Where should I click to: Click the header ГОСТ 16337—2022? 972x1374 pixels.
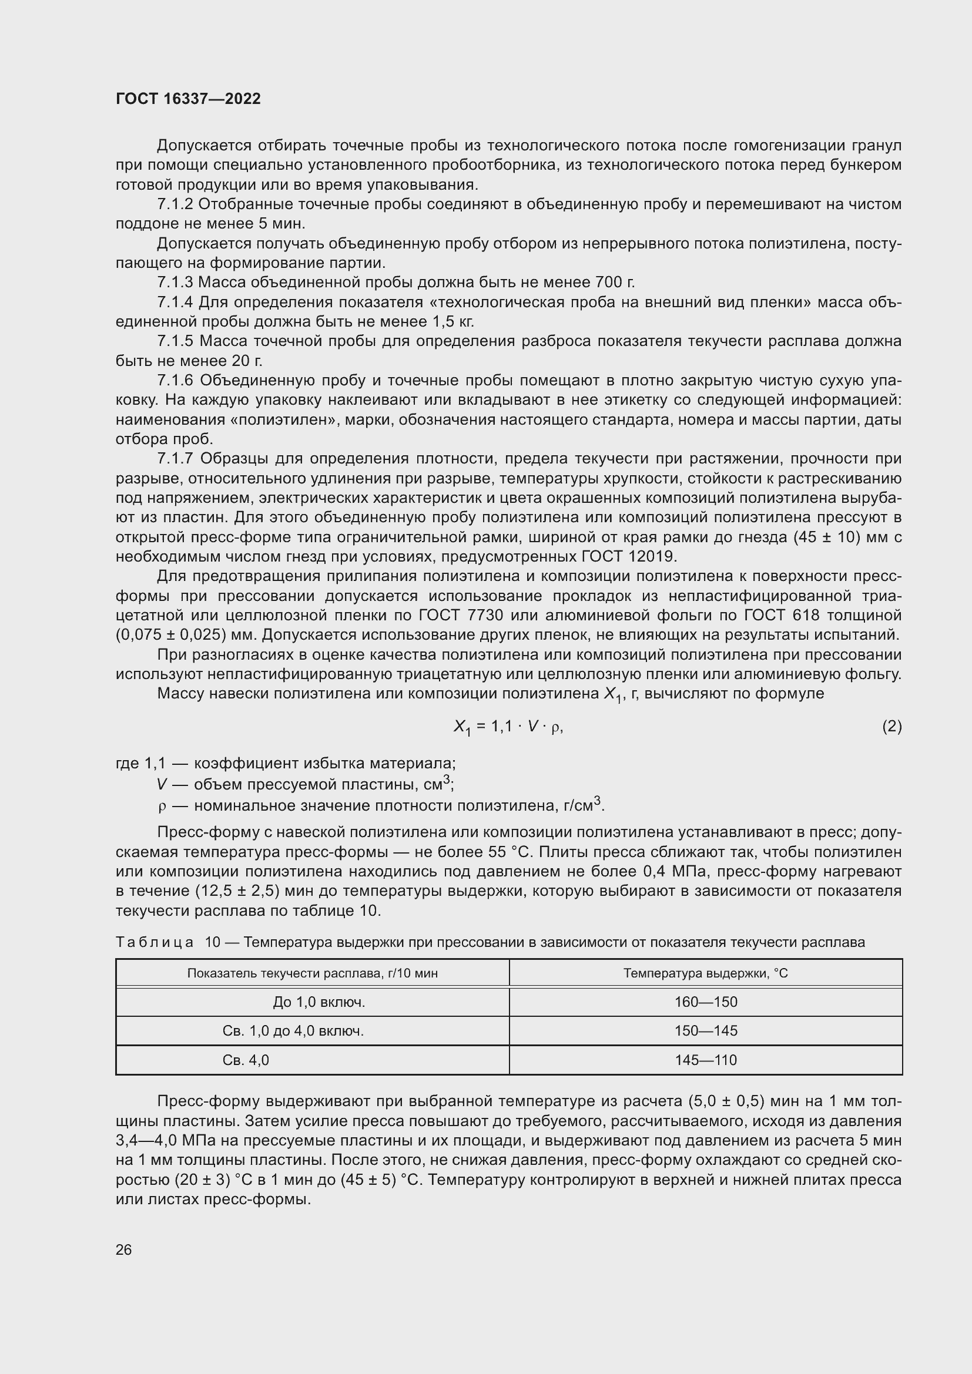(188, 99)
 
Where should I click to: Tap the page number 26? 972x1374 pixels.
(124, 1249)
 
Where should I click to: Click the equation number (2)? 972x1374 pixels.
(891, 726)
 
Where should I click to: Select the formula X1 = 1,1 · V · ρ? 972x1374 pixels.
(508, 727)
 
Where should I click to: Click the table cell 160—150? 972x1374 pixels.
(706, 1002)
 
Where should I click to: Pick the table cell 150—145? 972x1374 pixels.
(706, 1030)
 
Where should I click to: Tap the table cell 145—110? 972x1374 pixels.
(706, 1060)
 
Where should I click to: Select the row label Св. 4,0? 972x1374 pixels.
(246, 1060)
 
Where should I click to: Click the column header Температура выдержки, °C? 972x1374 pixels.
(706, 973)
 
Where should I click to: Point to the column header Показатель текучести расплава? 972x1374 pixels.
(313, 973)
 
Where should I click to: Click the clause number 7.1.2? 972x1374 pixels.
(175, 204)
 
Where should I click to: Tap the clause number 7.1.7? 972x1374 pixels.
(175, 459)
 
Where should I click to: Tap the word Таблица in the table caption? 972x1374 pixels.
(155, 942)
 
